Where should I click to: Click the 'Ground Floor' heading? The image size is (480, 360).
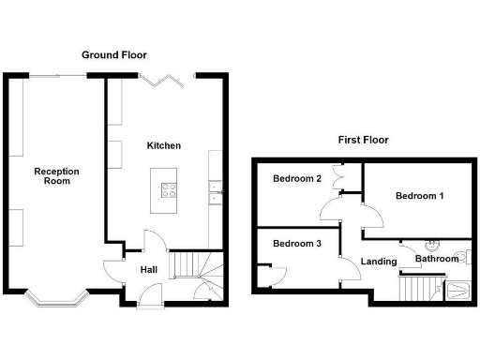113,55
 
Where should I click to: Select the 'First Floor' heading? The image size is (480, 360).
363,140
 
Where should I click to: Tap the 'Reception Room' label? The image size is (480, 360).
56,176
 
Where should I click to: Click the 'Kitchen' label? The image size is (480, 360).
164,146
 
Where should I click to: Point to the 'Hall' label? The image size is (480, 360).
148,270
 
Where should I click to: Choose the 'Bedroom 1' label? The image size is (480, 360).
418,196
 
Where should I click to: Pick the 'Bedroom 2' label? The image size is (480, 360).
297,179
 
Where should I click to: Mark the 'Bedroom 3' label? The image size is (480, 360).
297,244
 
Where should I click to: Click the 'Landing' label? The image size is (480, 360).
379,262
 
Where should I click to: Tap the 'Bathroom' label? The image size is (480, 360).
437,258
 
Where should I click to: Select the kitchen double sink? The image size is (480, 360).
215,191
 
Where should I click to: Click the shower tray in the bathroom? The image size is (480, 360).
458,291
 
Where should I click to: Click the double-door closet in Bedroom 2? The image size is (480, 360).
341,176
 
